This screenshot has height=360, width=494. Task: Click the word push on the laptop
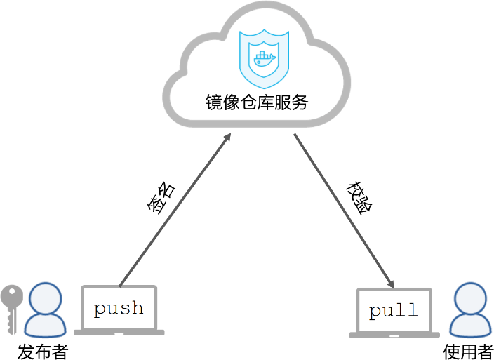click(119, 308)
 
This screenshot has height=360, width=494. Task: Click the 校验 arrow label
click(359, 199)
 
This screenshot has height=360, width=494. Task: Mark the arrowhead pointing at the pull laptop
click(390, 282)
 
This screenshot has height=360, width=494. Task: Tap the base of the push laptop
click(119, 332)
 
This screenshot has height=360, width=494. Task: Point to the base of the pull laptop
click(394, 334)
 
